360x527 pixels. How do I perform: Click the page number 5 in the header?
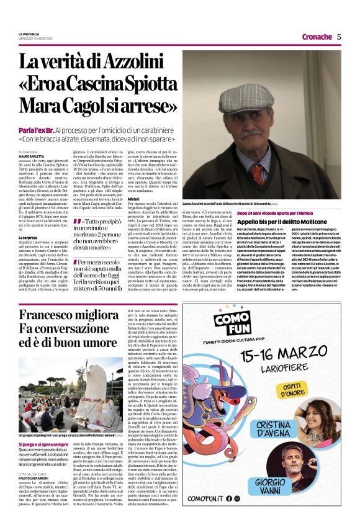coord(339,37)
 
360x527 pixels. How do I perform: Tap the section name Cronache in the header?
coord(317,37)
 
